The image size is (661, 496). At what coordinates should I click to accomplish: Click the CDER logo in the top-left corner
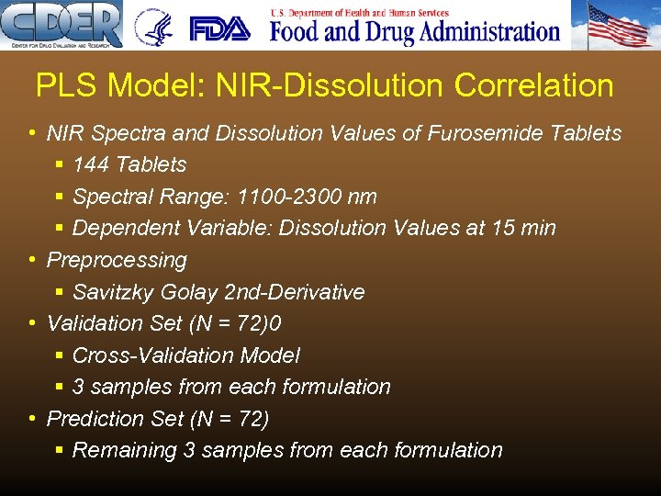click(62, 25)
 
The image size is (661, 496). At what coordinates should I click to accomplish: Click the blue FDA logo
click(219, 28)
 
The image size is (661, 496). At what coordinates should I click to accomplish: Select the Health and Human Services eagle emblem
click(153, 28)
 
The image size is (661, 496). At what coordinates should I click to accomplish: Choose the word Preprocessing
click(117, 260)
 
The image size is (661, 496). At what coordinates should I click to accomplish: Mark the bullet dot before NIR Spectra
click(32, 133)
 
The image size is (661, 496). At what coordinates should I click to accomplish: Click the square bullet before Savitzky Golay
click(59, 292)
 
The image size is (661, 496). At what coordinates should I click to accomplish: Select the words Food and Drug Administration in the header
click(415, 32)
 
